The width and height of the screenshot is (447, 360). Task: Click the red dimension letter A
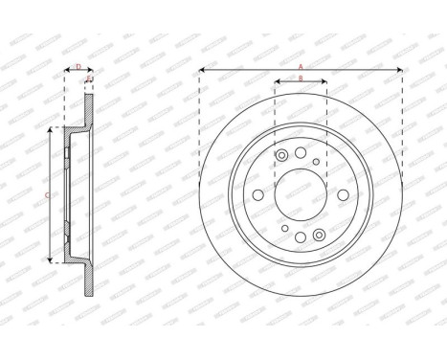coord(301,66)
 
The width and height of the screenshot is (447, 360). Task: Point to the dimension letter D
coord(78,66)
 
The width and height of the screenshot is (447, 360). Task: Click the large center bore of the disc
coord(301,194)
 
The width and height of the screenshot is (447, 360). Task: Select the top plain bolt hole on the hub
coord(301,153)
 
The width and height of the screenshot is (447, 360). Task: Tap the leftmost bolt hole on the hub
coord(259,194)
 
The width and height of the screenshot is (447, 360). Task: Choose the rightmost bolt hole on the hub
coord(342,194)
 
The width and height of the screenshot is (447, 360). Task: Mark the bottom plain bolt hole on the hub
coord(301,236)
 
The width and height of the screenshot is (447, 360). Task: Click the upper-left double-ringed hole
coord(281,157)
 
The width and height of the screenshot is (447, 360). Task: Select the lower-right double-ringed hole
coord(320,232)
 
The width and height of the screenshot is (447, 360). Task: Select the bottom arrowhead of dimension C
coord(51,260)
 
